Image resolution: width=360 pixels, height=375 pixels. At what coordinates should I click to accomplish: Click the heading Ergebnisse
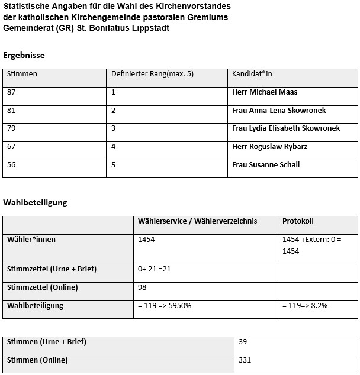[x=24, y=55]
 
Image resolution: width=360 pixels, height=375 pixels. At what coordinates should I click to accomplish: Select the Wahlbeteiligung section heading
[x=36, y=202]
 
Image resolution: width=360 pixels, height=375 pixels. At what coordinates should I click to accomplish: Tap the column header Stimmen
[x=22, y=74]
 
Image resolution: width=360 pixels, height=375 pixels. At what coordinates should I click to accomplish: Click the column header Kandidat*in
[x=252, y=74]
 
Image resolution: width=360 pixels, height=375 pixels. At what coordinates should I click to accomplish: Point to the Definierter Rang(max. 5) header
[x=152, y=74]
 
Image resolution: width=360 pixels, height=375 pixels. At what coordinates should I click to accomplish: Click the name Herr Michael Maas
[x=265, y=92]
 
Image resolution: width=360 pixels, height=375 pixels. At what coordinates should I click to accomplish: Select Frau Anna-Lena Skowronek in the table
[x=279, y=111]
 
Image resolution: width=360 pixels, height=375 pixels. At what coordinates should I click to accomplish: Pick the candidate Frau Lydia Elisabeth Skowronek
[x=286, y=128]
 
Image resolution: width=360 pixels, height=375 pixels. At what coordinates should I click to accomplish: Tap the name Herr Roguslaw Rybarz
[x=269, y=147]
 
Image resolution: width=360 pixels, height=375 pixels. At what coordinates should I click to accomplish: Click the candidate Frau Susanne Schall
[x=266, y=165]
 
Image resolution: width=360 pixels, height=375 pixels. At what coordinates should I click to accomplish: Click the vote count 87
[x=12, y=92]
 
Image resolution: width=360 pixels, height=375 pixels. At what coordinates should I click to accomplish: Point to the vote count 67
[x=12, y=147]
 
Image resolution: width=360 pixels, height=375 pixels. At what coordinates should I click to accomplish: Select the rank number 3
[x=114, y=128]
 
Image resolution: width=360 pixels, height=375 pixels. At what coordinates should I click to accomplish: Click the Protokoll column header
[x=298, y=221]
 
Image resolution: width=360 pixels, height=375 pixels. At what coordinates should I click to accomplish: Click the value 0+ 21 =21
[x=154, y=269]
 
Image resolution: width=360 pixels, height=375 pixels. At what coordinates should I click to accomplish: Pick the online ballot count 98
[x=142, y=287]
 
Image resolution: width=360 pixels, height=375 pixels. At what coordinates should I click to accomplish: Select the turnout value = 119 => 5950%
[x=165, y=306]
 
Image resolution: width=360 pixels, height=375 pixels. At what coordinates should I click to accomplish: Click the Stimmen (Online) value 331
[x=245, y=360]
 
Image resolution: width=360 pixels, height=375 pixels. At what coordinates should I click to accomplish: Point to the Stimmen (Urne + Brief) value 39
[x=242, y=342]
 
